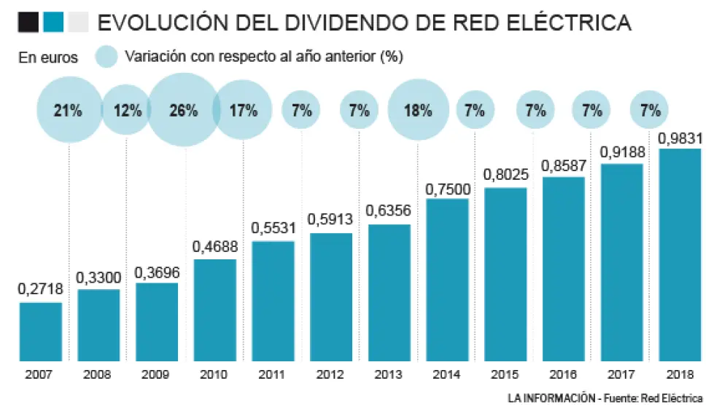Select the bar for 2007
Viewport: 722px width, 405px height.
[41, 331]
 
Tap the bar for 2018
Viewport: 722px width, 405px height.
[680, 255]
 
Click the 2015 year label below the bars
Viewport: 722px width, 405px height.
[505, 374]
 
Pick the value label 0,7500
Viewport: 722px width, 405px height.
[447, 189]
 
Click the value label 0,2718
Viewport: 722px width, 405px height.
[41, 290]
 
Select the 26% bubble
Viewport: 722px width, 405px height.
[183, 111]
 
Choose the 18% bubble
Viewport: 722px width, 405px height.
[418, 111]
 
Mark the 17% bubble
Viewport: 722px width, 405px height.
[243, 111]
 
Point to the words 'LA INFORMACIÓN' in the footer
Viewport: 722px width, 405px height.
[550, 398]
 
